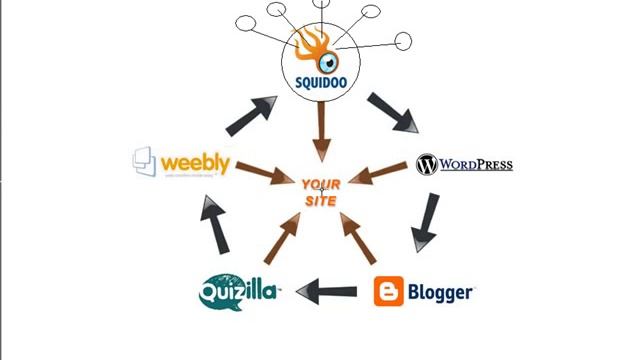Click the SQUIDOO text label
320,83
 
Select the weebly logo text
195,161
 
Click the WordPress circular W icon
427,164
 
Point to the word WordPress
475,164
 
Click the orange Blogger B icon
389,292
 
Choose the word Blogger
439,292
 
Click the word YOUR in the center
320,185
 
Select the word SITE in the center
320,201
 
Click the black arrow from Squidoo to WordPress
392,113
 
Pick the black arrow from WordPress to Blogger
426,222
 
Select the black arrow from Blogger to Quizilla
327,292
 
